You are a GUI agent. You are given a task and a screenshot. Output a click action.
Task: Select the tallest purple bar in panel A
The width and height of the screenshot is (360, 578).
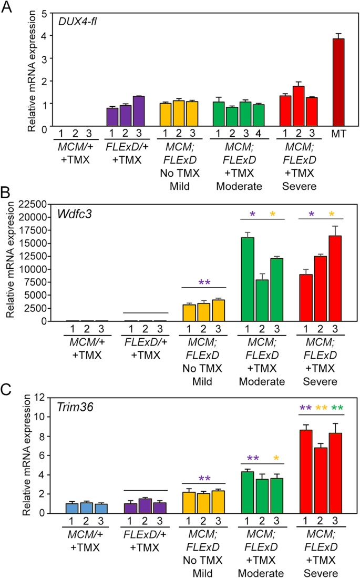tap(153, 111)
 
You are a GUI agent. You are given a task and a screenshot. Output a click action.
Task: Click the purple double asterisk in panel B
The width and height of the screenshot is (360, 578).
tap(204, 283)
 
